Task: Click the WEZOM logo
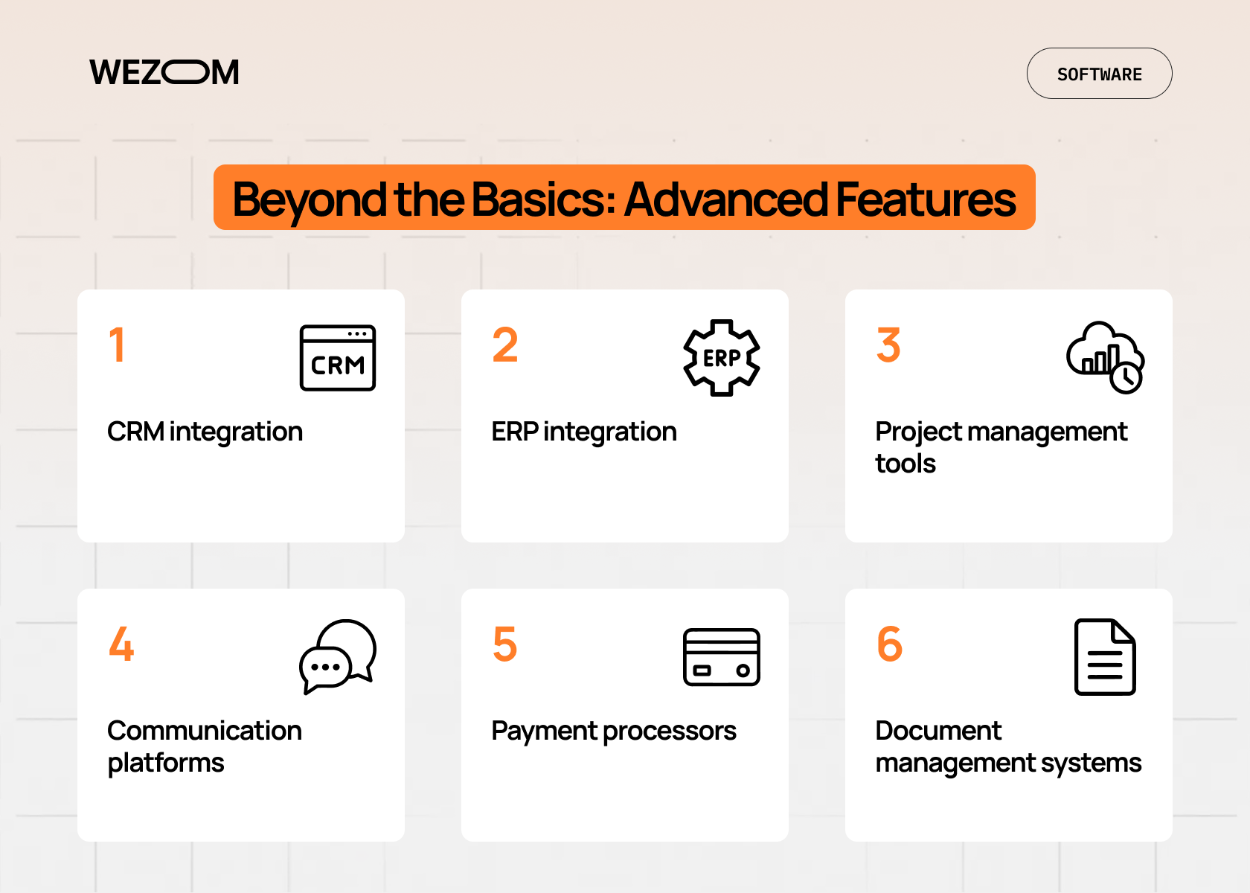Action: [164, 73]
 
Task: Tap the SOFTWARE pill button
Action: [1100, 73]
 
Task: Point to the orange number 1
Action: [117, 345]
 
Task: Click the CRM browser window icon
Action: [338, 358]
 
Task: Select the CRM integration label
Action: [205, 432]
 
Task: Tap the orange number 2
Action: [505, 345]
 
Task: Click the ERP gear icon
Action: [722, 358]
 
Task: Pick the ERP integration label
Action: [583, 432]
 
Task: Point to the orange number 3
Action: [888, 345]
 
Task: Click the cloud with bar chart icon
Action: [1106, 358]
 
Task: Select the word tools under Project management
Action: [905, 464]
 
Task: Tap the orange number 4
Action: [122, 644]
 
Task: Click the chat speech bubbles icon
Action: [338, 657]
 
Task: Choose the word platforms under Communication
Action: [166, 763]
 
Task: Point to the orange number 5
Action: [505, 644]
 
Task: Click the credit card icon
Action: [722, 657]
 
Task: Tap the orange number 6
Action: [890, 644]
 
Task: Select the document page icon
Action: [1106, 657]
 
